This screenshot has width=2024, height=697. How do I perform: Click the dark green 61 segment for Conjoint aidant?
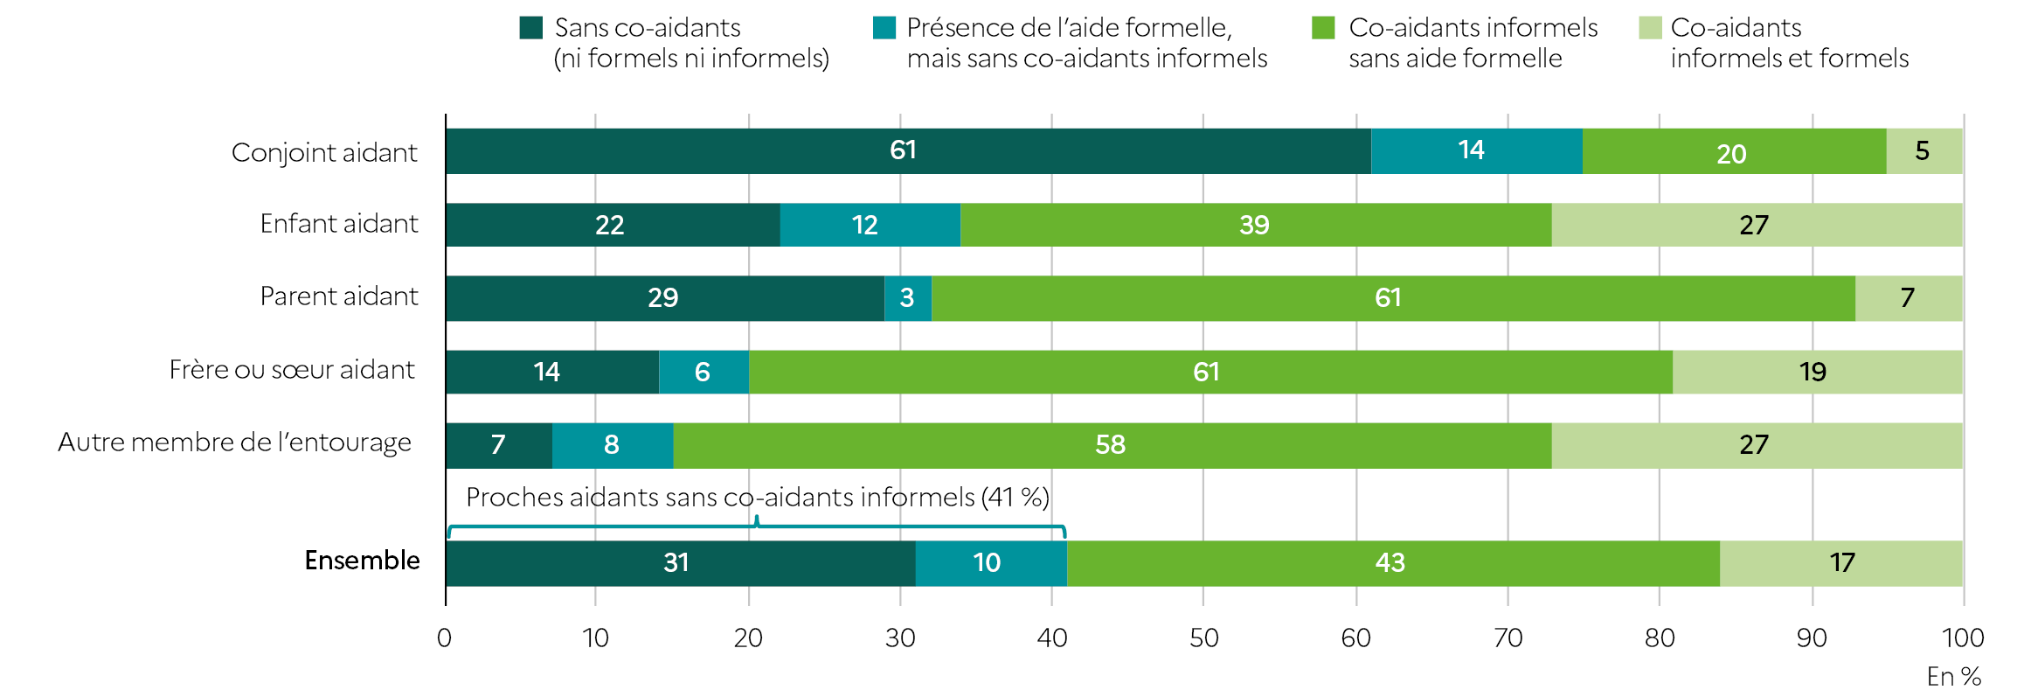pos(907,151)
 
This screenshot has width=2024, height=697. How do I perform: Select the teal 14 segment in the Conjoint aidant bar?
pos(1476,151)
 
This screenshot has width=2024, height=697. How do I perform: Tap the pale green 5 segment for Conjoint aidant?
pos(1923,151)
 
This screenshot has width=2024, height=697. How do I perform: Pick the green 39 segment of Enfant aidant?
pos(1255,225)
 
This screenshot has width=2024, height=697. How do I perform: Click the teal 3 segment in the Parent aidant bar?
pos(907,298)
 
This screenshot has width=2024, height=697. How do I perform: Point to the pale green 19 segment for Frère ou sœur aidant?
pos(1816,372)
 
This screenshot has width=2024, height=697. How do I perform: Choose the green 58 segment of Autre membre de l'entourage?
pos(1112,445)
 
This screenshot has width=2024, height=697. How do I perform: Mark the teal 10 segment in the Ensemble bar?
pos(990,562)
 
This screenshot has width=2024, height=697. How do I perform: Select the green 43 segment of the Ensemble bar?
pos(1392,562)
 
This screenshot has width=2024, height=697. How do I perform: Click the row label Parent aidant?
pos(339,296)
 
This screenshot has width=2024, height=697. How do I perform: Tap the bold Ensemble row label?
pos(362,561)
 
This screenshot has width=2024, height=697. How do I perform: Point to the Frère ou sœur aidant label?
pos(292,370)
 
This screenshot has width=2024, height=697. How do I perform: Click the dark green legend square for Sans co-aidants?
pos(531,28)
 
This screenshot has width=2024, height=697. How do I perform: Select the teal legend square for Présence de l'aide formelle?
pos(884,28)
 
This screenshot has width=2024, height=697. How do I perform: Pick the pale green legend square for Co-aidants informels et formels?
pos(1650,28)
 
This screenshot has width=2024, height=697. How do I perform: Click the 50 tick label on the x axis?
pos(1203,638)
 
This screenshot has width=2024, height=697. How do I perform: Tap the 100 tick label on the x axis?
pos(1962,638)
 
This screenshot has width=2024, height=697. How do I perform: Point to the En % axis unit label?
pos(1953,677)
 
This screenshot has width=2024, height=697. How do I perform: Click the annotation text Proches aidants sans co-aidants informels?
pos(757,498)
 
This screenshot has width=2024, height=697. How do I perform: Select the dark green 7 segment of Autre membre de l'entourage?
pos(498,445)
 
